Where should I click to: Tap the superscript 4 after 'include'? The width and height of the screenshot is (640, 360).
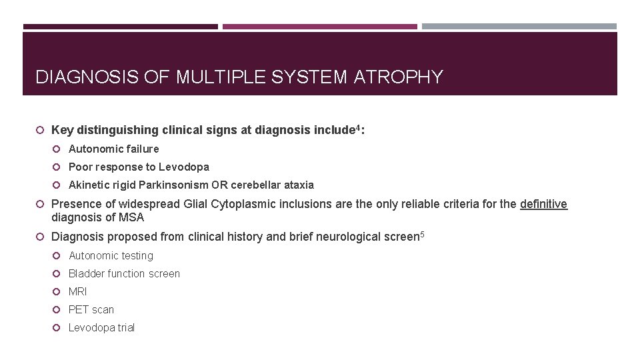click(x=357, y=127)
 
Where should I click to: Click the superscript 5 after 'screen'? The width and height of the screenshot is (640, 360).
click(x=421, y=233)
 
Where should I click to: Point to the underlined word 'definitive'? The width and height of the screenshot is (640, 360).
click(x=543, y=204)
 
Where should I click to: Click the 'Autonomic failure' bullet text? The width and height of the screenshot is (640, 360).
click(x=113, y=149)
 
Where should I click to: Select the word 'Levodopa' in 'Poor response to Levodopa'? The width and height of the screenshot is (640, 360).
click(x=184, y=167)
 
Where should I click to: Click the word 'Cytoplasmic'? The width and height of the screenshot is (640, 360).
click(x=240, y=204)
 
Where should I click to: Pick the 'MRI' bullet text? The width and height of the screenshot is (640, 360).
click(x=77, y=292)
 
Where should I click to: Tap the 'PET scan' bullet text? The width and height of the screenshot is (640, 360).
click(x=91, y=310)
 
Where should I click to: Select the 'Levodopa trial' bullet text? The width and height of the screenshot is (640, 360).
click(x=101, y=328)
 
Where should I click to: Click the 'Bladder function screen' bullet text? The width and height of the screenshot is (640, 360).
click(x=124, y=274)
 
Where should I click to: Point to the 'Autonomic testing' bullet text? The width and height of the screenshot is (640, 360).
click(x=111, y=256)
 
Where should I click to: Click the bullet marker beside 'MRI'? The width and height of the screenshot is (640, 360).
click(x=58, y=292)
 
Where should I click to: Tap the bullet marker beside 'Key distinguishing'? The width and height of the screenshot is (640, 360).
click(x=41, y=131)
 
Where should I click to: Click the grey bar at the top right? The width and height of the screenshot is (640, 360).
click(x=519, y=27)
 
